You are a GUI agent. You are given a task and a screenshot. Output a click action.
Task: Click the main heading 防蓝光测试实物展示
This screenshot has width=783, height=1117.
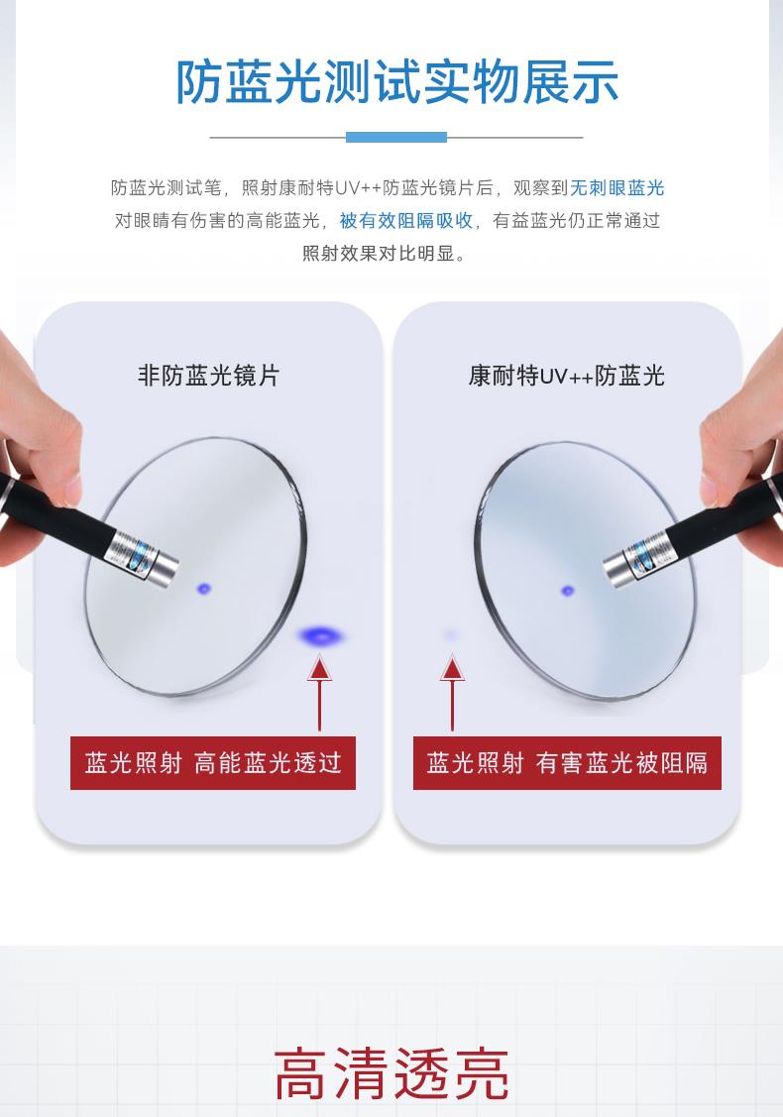396,82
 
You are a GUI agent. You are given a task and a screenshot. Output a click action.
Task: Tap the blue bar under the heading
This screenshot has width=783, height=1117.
396,137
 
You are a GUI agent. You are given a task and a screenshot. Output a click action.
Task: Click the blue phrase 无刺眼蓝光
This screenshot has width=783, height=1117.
617,188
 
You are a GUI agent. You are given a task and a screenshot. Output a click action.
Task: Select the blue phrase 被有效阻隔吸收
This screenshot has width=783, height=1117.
406,221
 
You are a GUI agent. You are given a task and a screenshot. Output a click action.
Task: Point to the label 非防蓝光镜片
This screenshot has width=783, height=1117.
209,376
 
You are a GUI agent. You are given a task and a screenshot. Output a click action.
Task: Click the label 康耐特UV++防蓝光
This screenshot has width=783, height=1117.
566,376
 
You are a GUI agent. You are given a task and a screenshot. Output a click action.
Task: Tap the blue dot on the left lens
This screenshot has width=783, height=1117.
204,589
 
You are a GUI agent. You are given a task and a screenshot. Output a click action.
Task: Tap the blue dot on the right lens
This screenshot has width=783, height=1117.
568,591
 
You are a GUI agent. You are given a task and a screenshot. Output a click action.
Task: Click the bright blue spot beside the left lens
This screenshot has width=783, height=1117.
320,635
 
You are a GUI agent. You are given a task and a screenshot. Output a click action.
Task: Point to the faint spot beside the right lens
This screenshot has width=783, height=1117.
450,634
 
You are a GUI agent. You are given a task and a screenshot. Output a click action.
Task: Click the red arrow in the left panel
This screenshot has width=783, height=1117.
320,694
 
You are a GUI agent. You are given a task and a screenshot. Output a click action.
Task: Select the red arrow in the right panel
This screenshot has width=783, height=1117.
452,694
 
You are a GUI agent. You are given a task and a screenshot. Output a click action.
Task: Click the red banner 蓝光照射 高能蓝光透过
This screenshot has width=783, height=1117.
213,763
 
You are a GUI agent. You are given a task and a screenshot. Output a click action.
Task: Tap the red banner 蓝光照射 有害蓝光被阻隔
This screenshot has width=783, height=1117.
567,763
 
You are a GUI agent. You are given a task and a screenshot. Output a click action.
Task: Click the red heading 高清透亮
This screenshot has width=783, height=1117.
391,1073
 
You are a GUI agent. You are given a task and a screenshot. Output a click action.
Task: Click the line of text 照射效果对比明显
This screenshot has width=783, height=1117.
385,254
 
